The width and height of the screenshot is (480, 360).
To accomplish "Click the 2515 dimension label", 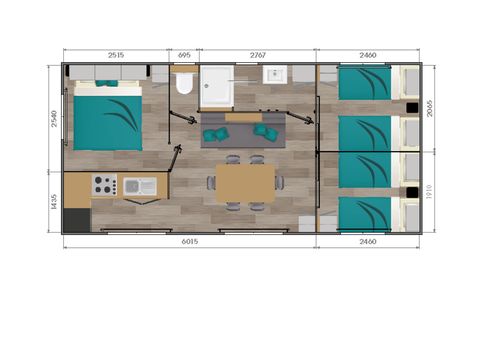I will pos(115,56).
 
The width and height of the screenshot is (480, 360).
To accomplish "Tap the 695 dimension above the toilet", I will pos(183,56).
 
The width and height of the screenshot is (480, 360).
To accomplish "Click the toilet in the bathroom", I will pos(183,86).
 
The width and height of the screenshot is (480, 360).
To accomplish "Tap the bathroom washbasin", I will pos(273,76).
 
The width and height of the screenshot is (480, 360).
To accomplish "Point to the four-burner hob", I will pos(104,185).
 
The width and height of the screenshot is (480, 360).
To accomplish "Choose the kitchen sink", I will pos(138,185).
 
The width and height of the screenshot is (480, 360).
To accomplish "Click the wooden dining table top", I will pos(245,183).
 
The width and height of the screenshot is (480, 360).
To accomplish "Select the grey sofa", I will pos(244,131).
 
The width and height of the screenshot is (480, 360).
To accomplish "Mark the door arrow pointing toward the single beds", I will pos(300,119).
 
